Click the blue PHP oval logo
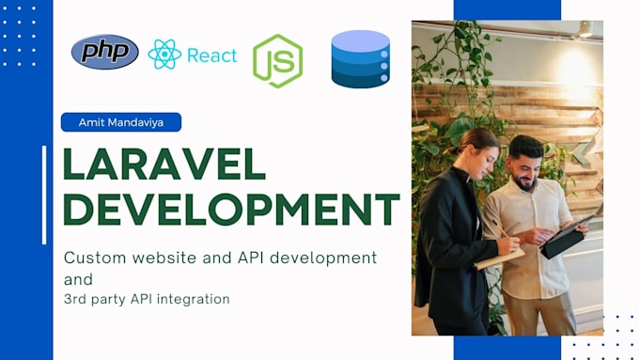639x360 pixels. pos(105,53)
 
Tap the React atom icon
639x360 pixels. pos(164,55)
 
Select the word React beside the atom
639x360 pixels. pos(211,55)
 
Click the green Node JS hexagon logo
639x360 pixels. pos(277,61)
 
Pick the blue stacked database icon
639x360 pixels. pos(360,58)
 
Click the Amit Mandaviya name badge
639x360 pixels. pos(120,122)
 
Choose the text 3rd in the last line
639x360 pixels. pos(75,300)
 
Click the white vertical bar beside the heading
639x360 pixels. pos(44,195)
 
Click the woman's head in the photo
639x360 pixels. pos(480,148)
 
